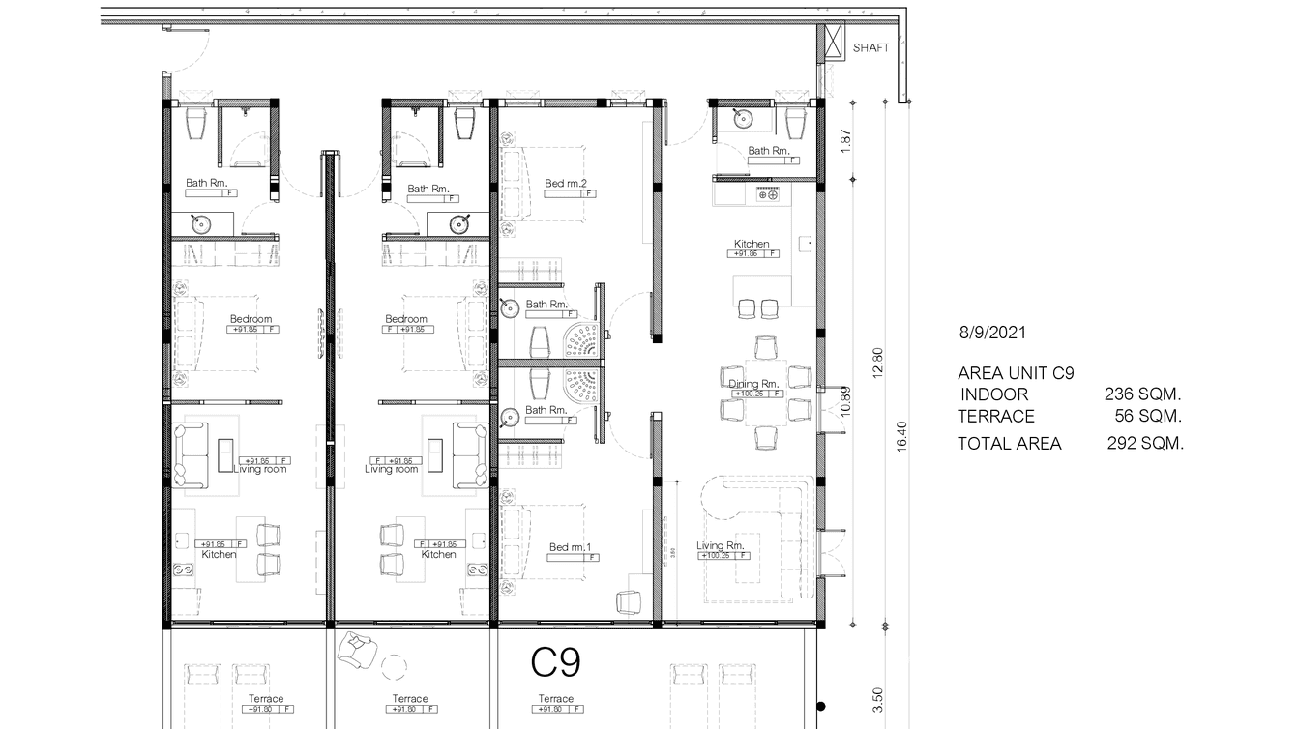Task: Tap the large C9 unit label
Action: coord(556,662)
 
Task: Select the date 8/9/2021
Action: coord(991,333)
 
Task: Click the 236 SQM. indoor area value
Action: coord(1144,394)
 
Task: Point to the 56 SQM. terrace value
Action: coord(1148,417)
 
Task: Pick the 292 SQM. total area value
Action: coord(1145,444)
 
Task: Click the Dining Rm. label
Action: coord(753,384)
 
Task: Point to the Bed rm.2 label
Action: coord(567,183)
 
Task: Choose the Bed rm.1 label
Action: coord(570,547)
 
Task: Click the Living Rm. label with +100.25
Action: coord(721,546)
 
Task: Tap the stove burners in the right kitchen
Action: coord(768,195)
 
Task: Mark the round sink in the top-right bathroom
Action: coord(742,119)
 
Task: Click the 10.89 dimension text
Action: coord(844,401)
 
